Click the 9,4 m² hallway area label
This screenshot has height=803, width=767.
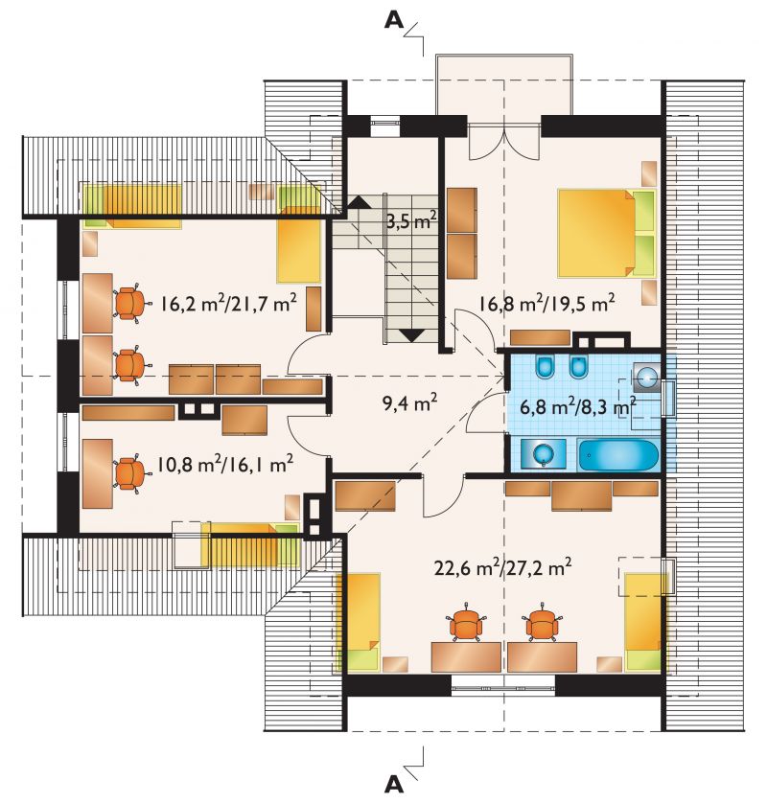pyautogui.click(x=409, y=403)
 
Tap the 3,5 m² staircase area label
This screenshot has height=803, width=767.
pyautogui.click(x=411, y=221)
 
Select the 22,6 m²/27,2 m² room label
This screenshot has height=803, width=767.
pyautogui.click(x=503, y=567)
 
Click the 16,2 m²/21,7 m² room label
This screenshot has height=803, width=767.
pyautogui.click(x=228, y=304)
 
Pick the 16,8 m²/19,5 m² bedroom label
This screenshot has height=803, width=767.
pyautogui.click(x=547, y=303)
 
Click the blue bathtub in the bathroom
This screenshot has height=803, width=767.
pyautogui.click(x=618, y=455)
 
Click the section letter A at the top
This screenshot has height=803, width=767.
pyautogui.click(x=393, y=19)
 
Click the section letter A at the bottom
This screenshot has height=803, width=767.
pyautogui.click(x=393, y=784)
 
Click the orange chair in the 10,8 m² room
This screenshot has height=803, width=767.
pyautogui.click(x=130, y=473)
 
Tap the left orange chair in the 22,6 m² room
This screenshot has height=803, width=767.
pyautogui.click(x=466, y=623)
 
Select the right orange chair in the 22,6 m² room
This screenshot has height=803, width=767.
pyautogui.click(x=542, y=623)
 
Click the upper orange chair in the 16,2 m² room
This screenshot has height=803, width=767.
pyautogui.click(x=130, y=302)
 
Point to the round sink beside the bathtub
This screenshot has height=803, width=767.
pyautogui.click(x=543, y=453)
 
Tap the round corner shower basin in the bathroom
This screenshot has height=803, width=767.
pyautogui.click(x=646, y=378)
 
